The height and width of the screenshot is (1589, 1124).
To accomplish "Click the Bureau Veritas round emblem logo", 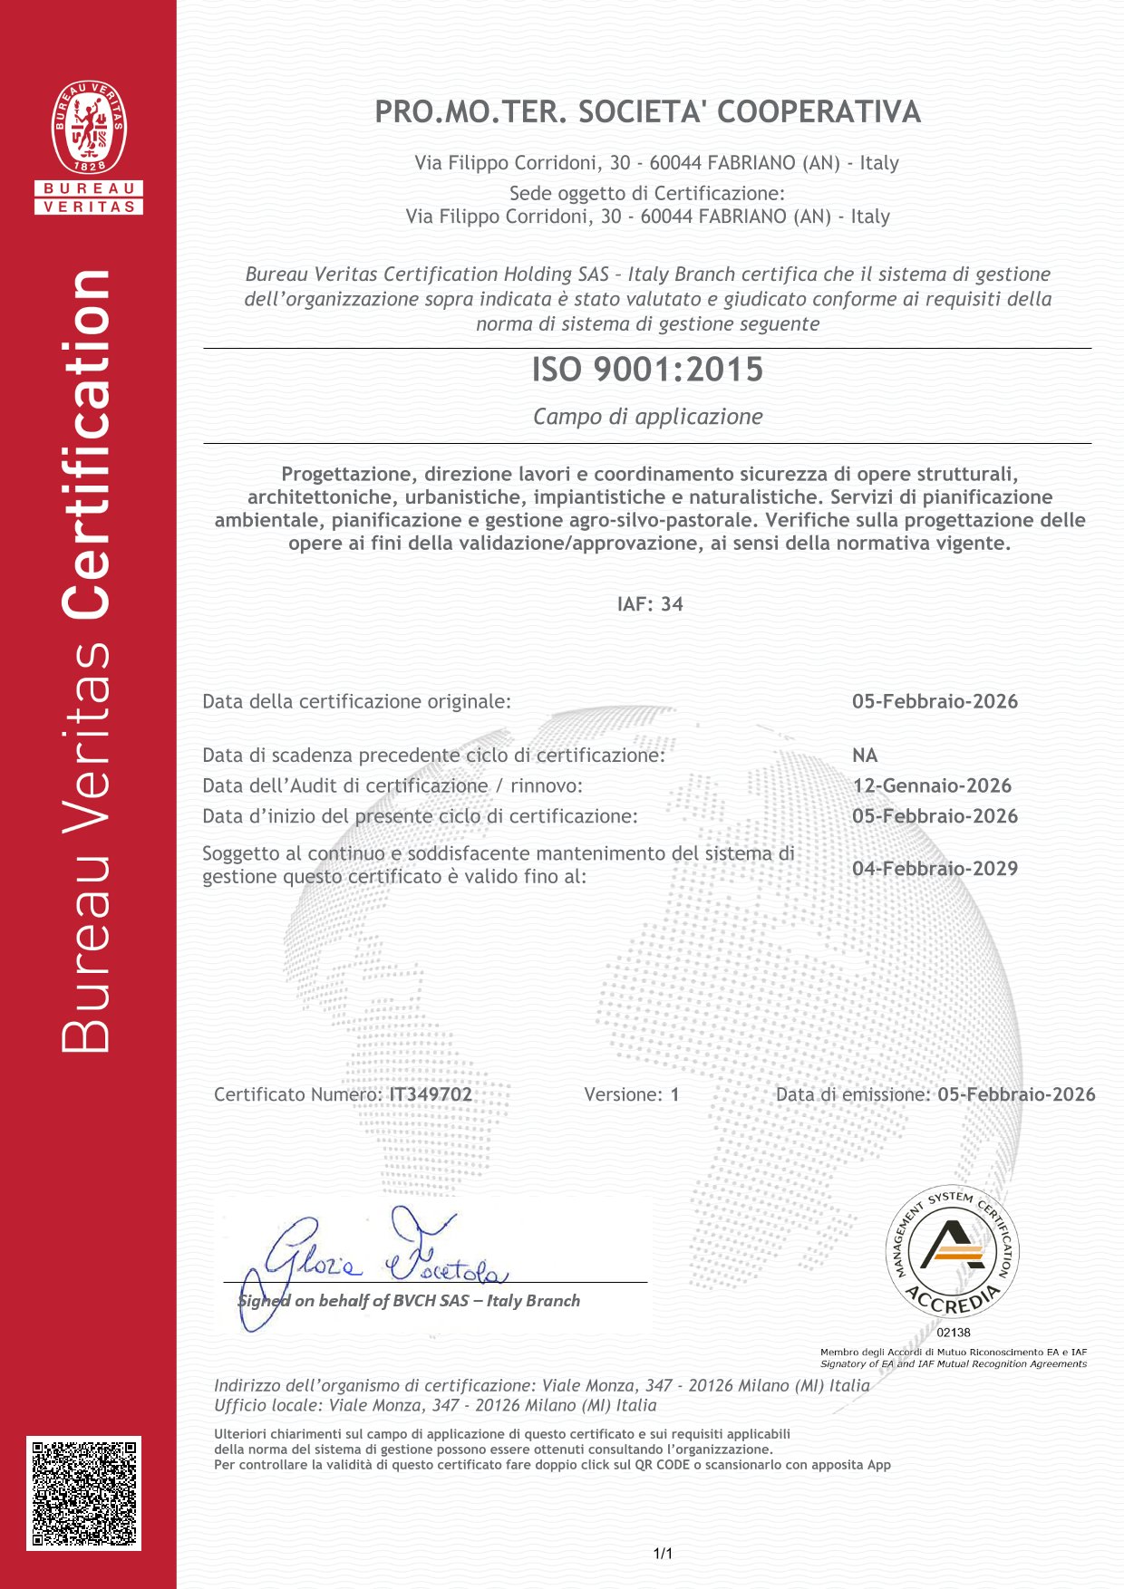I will [x=89, y=127].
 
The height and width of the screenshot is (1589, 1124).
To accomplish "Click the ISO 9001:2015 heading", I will [x=647, y=370].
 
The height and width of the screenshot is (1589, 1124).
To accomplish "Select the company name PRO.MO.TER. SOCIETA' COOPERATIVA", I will [x=647, y=111].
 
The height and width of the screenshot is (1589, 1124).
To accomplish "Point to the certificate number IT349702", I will [x=431, y=1094].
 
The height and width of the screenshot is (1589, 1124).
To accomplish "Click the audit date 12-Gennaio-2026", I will [x=932, y=785].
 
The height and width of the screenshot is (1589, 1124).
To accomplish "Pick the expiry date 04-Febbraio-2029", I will [x=935, y=868].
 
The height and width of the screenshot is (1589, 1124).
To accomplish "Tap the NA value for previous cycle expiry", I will [x=865, y=756].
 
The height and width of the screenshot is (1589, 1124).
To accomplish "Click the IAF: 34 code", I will [x=649, y=604].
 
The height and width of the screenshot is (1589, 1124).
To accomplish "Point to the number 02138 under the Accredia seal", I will [x=954, y=1333].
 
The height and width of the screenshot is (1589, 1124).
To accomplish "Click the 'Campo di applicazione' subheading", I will [x=647, y=417].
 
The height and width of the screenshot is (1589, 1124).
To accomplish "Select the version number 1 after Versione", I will [x=674, y=1094].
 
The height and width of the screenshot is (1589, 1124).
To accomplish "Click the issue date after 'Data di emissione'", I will [x=1016, y=1094].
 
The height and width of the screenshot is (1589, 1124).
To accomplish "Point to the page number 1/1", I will [x=663, y=1554].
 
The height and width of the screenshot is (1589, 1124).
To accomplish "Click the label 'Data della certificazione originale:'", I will [x=356, y=701].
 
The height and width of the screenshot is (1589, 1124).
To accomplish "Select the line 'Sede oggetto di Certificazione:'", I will [x=646, y=193].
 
